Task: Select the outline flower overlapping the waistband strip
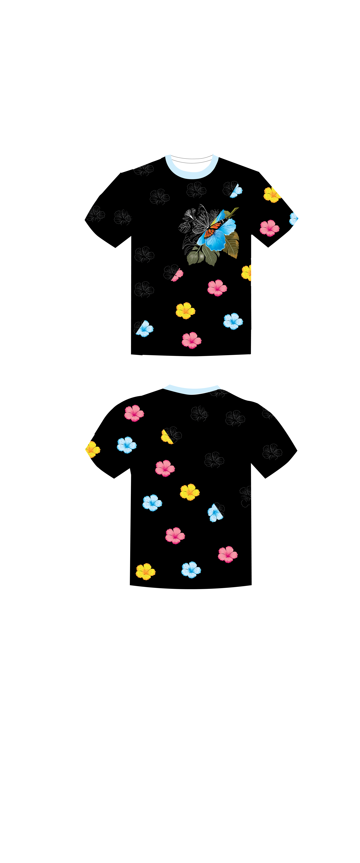tap(220, 389)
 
